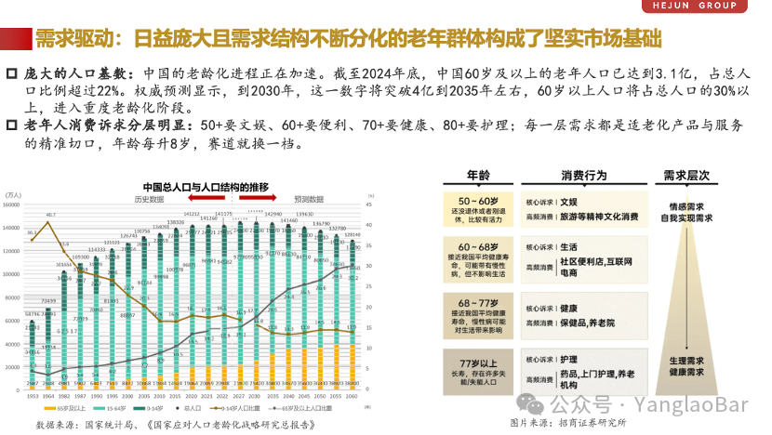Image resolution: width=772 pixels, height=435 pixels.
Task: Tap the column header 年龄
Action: [x=478, y=176]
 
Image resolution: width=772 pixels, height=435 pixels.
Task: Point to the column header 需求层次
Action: [x=686, y=176]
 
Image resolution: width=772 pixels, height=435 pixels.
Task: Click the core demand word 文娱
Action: [x=569, y=201]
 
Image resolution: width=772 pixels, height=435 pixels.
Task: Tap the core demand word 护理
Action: [x=569, y=359]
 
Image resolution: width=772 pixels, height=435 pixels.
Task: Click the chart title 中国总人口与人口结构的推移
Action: [x=206, y=186]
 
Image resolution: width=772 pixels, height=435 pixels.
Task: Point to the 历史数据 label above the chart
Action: [x=148, y=198]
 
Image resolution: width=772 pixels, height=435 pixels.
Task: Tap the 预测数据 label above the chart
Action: [x=310, y=198]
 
